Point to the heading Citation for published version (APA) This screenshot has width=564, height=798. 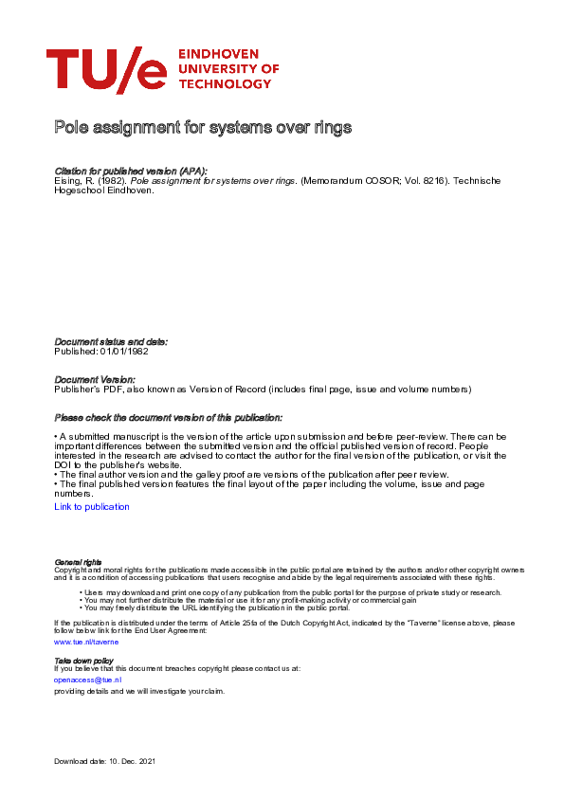click(131, 171)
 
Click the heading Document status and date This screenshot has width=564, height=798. click(111, 341)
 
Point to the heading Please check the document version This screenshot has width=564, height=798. click(168, 417)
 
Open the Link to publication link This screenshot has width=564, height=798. click(92, 507)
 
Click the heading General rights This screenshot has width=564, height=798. click(78, 562)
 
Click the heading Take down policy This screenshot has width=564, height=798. click(83, 660)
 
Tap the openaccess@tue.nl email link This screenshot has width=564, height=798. click(87, 680)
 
